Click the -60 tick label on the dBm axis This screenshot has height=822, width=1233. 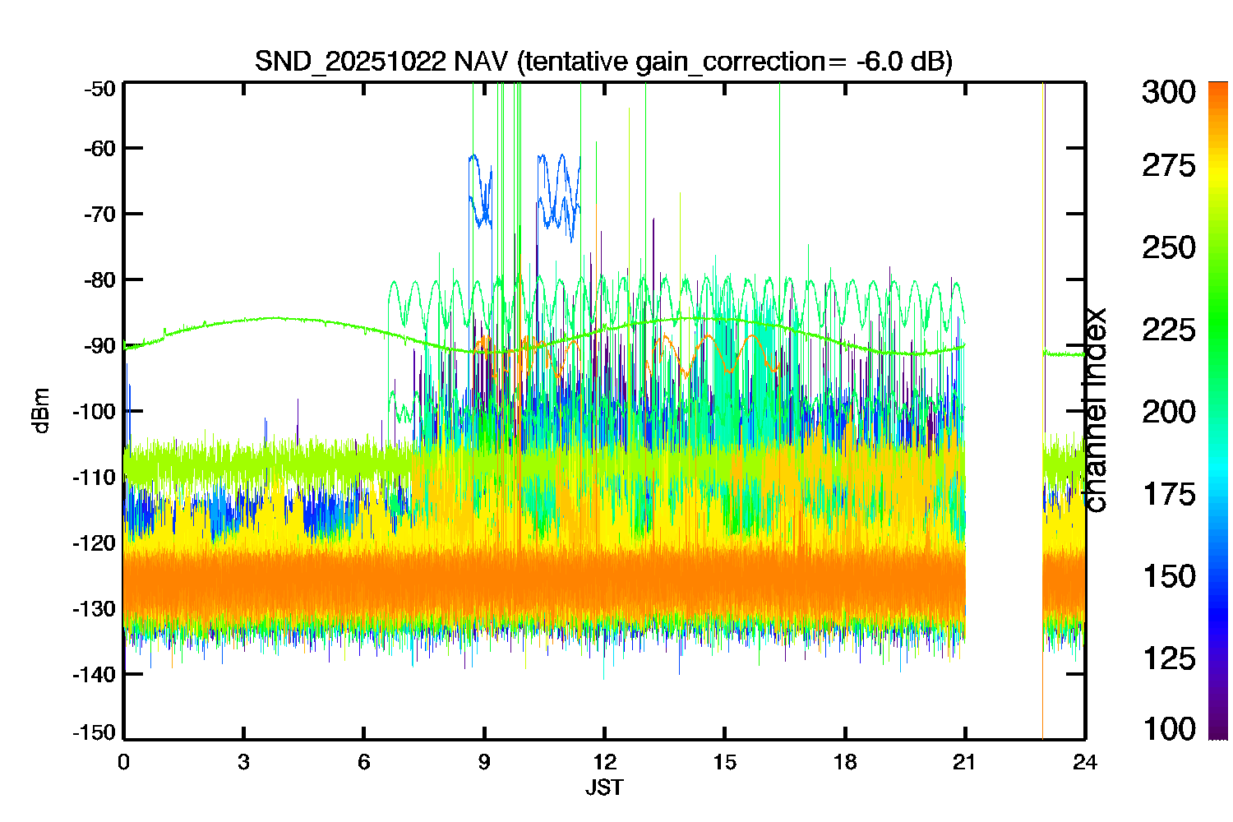99,149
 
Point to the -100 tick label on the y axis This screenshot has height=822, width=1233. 95,411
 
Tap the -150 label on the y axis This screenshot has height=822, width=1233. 95,732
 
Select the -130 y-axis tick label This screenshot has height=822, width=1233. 95,609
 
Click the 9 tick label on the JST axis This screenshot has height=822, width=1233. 484,763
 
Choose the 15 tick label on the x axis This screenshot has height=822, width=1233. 724,763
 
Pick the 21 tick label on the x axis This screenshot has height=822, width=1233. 964,763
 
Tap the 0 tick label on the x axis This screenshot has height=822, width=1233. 123,763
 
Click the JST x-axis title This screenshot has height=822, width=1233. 604,787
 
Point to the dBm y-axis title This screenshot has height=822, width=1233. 42,411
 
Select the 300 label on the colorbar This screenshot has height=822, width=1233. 1169,92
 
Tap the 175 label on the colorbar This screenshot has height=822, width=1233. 1169,494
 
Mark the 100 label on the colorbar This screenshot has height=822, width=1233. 1169,729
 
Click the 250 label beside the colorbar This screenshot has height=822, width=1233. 1169,247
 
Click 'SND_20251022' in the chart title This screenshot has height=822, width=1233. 350,62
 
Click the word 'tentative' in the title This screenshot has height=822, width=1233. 576,61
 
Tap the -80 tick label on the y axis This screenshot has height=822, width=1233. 99,280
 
